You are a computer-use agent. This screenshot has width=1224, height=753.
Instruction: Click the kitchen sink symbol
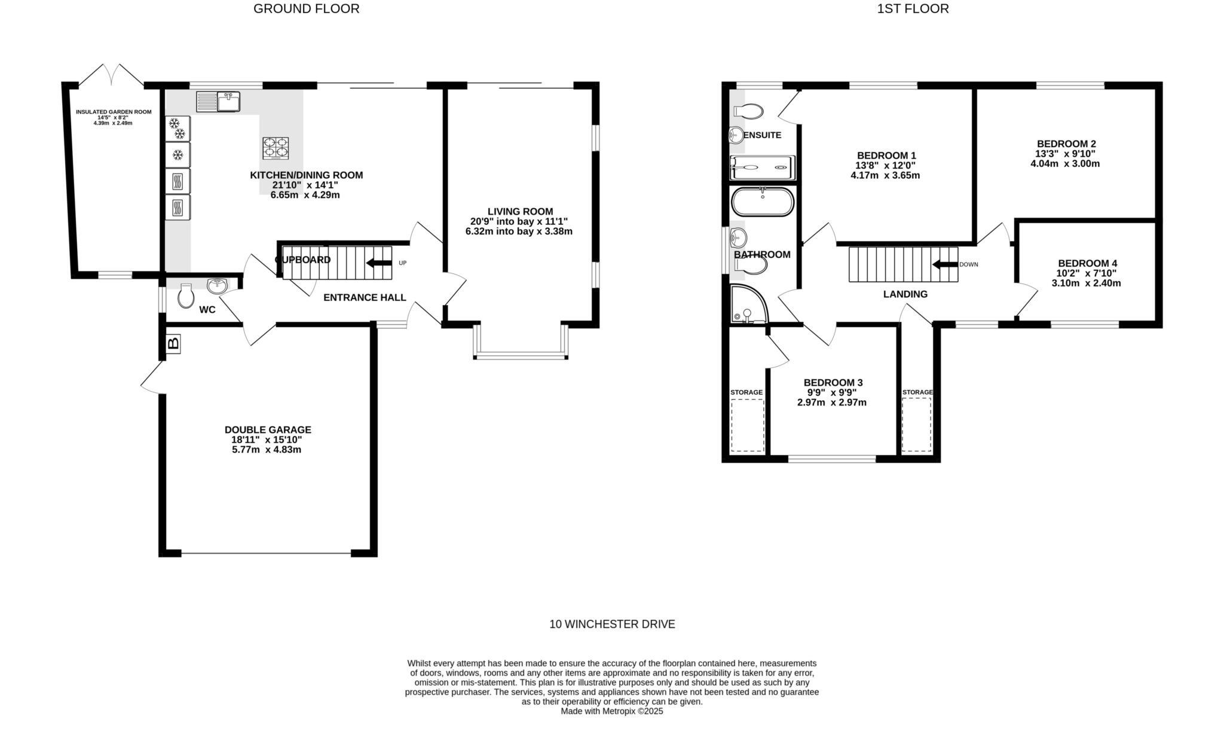tap(218, 102)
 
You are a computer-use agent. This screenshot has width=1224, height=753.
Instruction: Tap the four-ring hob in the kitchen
tap(276, 148)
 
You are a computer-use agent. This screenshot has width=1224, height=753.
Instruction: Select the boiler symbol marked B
tap(173, 344)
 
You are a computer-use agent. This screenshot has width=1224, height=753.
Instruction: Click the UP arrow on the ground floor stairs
tap(378, 263)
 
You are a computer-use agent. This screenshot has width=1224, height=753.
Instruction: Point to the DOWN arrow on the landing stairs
tap(944, 264)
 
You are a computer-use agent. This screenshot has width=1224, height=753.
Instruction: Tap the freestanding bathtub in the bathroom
tap(763, 202)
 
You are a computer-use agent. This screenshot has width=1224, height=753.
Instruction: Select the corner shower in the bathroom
tap(747, 305)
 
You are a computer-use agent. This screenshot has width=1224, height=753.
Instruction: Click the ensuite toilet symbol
tap(748, 111)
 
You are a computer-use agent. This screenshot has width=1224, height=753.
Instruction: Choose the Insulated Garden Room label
tap(114, 112)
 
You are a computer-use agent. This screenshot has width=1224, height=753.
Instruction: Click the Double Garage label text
tap(268, 429)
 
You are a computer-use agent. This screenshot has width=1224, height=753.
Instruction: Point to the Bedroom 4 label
tap(1087, 263)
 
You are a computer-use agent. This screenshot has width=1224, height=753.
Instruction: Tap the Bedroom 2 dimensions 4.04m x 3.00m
tap(1065, 163)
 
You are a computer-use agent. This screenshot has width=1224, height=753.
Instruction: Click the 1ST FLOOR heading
tap(913, 9)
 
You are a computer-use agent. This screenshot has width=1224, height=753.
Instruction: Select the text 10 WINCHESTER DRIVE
tap(612, 624)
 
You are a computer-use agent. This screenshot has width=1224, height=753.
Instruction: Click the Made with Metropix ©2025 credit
tap(612, 712)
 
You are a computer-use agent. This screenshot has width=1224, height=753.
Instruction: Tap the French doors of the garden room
tap(112, 74)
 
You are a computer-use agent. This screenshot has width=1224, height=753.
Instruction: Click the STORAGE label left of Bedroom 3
tap(746, 392)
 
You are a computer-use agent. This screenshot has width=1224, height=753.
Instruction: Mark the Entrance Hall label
tap(365, 297)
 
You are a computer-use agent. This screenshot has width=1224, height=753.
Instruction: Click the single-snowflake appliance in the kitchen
tap(178, 155)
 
